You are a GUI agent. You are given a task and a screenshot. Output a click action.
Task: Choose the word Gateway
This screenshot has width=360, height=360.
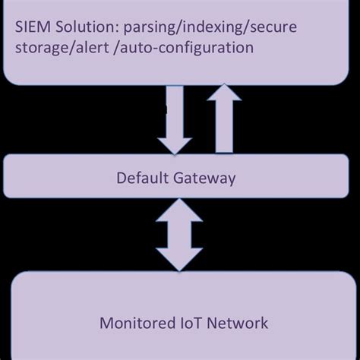click(203, 179)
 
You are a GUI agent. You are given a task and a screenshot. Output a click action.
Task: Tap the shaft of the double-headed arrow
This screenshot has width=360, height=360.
click(180, 237)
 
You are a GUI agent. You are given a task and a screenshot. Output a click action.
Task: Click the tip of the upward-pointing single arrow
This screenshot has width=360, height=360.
click(226, 85)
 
